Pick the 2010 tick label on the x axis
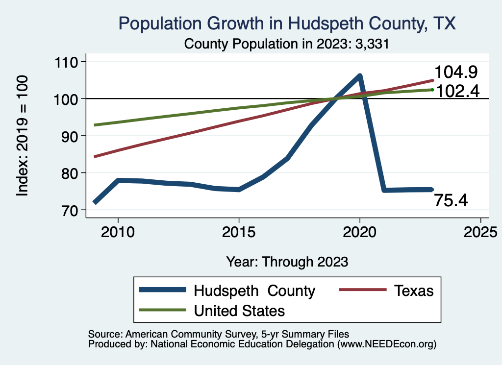pyautogui.click(x=118, y=231)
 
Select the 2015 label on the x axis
pyautogui.click(x=239, y=231)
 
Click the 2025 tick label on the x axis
pyautogui.click(x=480, y=231)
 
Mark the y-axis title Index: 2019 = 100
pyautogui.click(x=23, y=136)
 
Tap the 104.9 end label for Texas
pyautogui.click(x=456, y=73)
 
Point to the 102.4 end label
pyautogui.click(x=456, y=91)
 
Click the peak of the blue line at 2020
pyautogui.click(x=360, y=75)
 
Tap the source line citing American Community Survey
pyautogui.click(x=218, y=334)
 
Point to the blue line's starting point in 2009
pyautogui.click(x=95, y=202)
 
